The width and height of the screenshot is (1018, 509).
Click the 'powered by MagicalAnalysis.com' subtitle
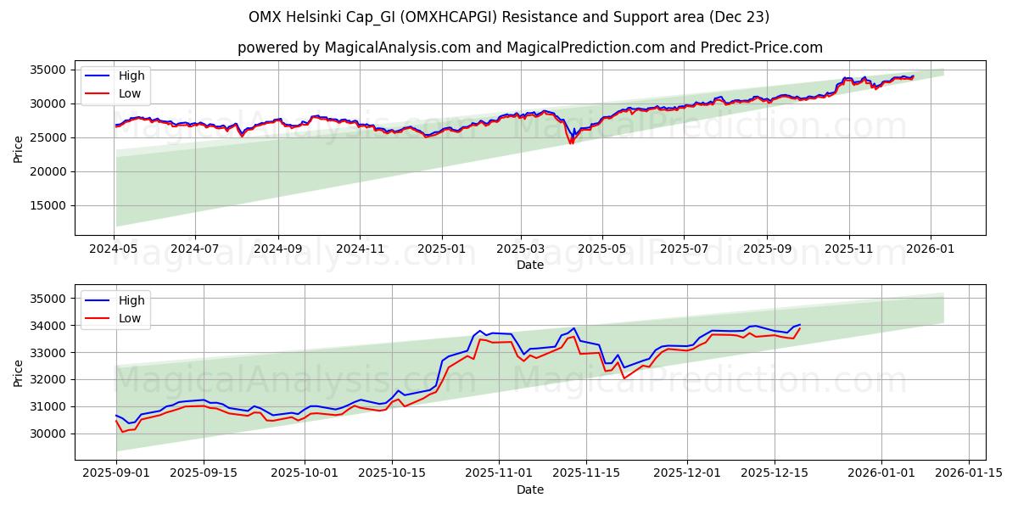point(529,48)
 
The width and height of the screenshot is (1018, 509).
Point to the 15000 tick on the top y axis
point(49,205)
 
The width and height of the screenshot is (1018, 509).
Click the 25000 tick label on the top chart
point(49,137)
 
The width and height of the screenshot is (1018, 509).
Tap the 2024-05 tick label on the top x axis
point(114,250)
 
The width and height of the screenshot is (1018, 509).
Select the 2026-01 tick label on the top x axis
point(931,250)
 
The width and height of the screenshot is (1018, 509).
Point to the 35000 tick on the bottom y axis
point(49,299)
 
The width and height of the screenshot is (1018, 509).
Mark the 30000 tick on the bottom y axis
point(49,433)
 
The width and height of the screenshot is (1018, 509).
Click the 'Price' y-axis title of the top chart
point(18,148)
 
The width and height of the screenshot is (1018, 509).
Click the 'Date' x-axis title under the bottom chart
point(529,489)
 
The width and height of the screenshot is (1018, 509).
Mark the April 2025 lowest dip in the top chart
point(571,143)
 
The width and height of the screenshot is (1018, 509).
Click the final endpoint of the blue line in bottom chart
point(799,324)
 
